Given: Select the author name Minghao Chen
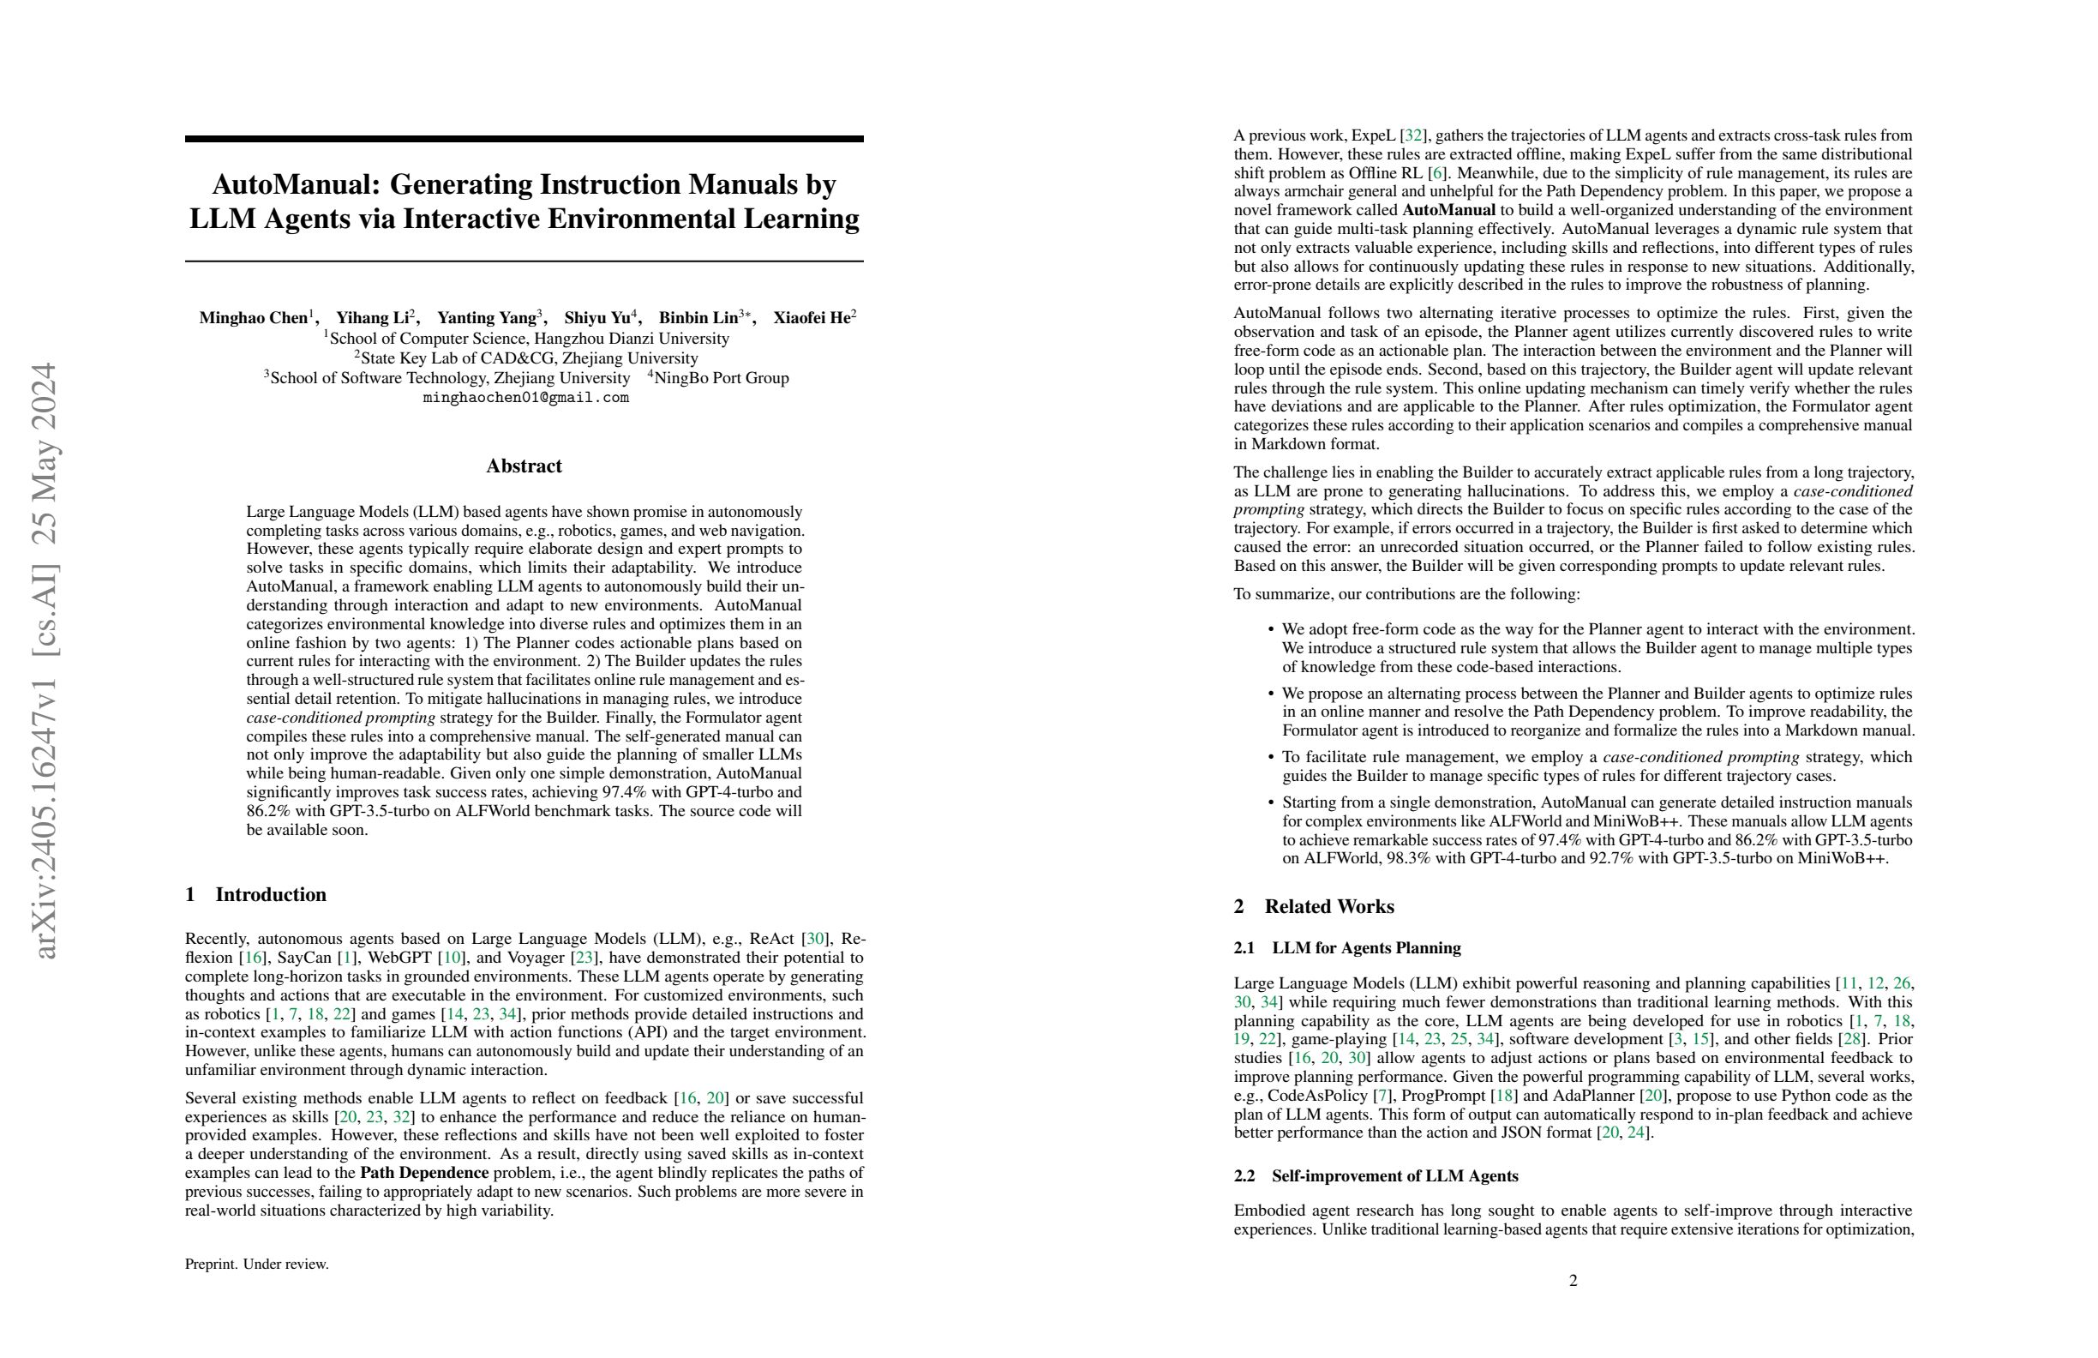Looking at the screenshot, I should [x=253, y=318].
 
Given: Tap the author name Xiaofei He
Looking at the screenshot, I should [x=811, y=318].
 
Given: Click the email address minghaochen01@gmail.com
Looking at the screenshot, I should [x=525, y=398].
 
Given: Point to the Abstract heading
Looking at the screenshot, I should [x=524, y=466].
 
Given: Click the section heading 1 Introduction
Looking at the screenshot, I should [x=255, y=895].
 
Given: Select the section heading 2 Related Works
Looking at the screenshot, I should [x=1314, y=906].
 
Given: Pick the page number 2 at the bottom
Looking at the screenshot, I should [x=1573, y=1280].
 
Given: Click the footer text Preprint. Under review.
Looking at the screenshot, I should [x=256, y=1265].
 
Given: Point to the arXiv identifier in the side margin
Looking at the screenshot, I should [x=44, y=661].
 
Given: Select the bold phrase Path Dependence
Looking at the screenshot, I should [x=424, y=1173].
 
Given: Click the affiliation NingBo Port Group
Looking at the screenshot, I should [x=721, y=378].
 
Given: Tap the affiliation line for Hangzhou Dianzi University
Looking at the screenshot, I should [x=527, y=339].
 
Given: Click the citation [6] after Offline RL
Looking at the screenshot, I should [x=1436, y=173].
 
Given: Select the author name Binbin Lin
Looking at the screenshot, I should [x=698, y=318].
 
